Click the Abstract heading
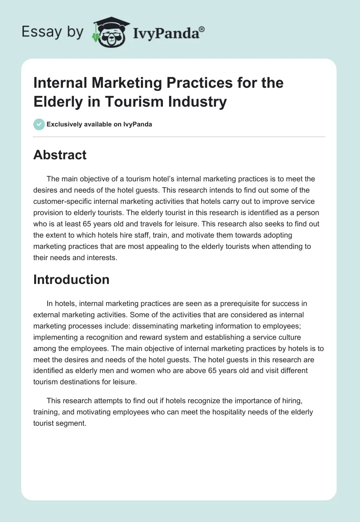point(60,155)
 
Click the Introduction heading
point(72,279)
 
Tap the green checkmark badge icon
point(39,124)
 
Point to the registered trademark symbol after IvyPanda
point(202,29)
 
